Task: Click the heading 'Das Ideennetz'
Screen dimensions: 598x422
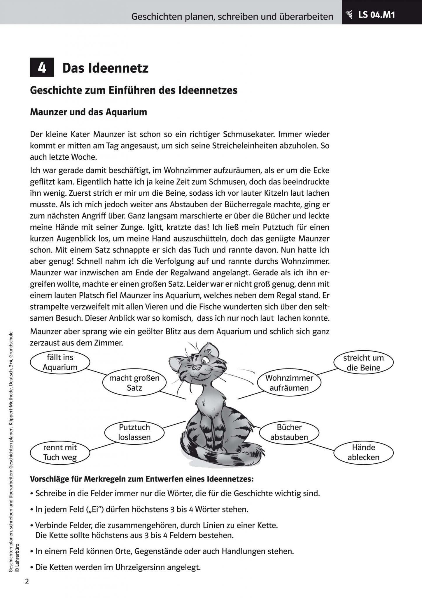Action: (105, 68)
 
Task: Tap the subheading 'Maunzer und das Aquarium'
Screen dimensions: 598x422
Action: (88, 112)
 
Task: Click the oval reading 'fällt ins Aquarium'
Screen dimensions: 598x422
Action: (60, 362)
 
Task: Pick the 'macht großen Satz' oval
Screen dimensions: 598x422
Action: (134, 383)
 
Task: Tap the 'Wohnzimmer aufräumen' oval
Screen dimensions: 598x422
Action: (289, 383)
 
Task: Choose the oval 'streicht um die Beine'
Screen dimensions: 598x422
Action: (363, 363)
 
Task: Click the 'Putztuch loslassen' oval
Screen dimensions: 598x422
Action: (134, 432)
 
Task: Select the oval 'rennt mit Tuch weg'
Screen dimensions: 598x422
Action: (60, 452)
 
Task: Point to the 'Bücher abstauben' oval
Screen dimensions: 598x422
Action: (289, 432)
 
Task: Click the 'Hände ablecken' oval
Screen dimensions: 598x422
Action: (363, 452)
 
